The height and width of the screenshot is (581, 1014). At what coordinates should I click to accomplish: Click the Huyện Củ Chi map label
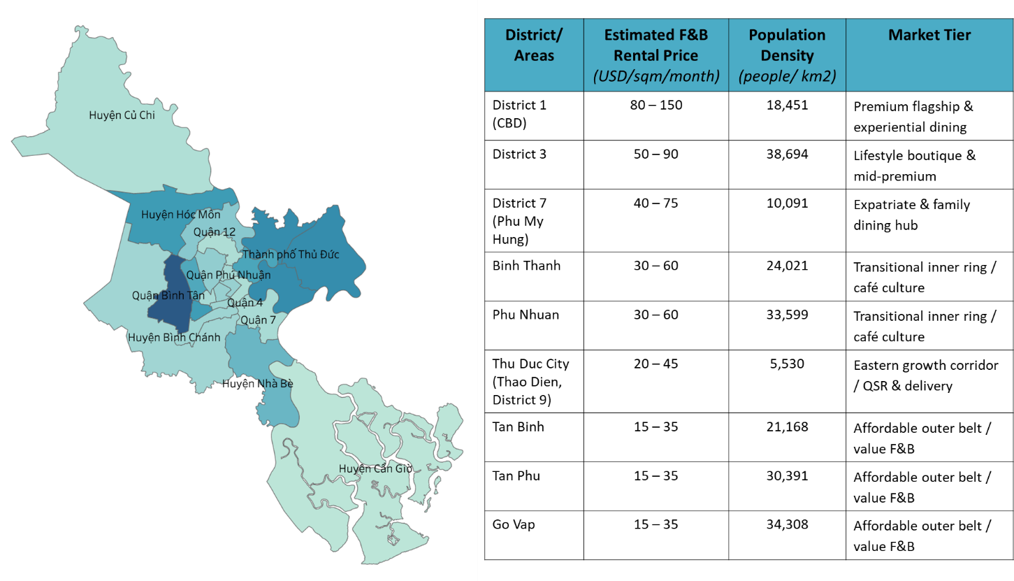pyautogui.click(x=122, y=115)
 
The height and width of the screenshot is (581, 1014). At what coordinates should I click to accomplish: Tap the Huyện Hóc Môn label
pyautogui.click(x=180, y=215)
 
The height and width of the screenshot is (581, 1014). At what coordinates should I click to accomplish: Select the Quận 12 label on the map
pyautogui.click(x=214, y=232)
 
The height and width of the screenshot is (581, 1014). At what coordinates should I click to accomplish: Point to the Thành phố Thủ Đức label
pyautogui.click(x=290, y=254)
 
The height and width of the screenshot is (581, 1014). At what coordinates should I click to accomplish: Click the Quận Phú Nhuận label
pyautogui.click(x=228, y=275)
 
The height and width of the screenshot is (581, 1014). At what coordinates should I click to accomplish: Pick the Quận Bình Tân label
pyautogui.click(x=168, y=296)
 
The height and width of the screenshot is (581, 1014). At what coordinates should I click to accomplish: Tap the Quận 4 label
pyautogui.click(x=245, y=303)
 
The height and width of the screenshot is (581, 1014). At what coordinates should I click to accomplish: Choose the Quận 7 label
pyautogui.click(x=258, y=320)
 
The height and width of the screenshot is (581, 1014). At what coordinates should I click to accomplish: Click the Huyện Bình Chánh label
pyautogui.click(x=173, y=338)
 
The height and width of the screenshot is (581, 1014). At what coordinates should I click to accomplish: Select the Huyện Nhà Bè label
pyautogui.click(x=257, y=384)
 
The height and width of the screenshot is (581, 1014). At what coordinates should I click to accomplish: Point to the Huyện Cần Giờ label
pyautogui.click(x=375, y=468)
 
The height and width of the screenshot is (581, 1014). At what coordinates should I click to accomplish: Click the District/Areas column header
pyautogui.click(x=534, y=45)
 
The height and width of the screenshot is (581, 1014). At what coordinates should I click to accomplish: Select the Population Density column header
pyautogui.click(x=787, y=45)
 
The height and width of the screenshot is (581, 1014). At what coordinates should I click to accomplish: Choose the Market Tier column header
pyautogui.click(x=929, y=35)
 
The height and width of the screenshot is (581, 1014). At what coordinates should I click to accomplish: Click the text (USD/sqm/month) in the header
pyautogui.click(x=656, y=76)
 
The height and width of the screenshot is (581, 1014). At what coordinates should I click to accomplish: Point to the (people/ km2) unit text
pyautogui.click(x=787, y=76)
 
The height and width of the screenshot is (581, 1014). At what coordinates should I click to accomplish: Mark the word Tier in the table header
pyautogui.click(x=955, y=35)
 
